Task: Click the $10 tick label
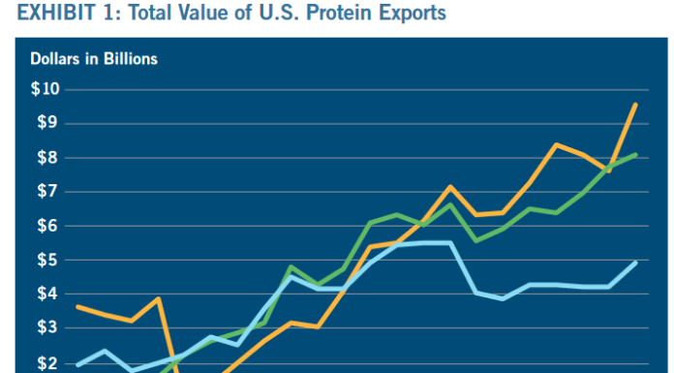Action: (45, 89)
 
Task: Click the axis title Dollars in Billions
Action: (94, 59)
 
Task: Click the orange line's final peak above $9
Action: (635, 104)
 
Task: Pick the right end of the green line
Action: (635, 154)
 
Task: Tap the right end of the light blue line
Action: (635, 262)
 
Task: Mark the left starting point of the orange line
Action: (77, 306)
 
